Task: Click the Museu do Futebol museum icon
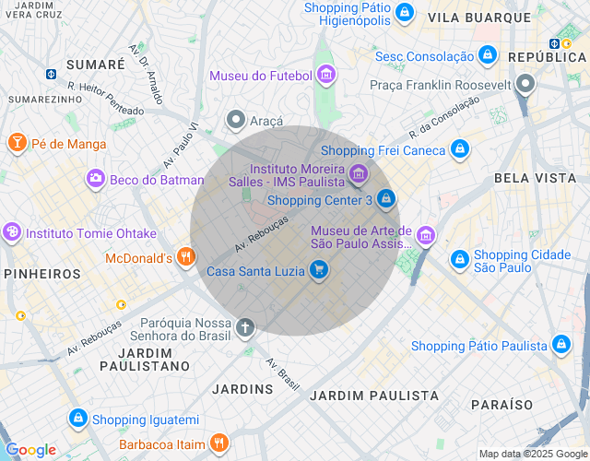tap(325, 75)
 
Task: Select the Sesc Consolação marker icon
tap(487, 57)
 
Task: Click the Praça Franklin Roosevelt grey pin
tap(526, 85)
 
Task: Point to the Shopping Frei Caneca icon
tap(460, 149)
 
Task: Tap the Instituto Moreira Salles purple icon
tap(358, 171)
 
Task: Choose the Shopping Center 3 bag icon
tap(386, 198)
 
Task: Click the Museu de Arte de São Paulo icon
tap(425, 236)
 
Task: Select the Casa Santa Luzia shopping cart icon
tap(319, 270)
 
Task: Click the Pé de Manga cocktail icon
tap(17, 143)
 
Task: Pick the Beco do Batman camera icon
tap(95, 179)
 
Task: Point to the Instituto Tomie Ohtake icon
tap(12, 232)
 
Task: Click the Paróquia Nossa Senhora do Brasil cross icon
tap(245, 327)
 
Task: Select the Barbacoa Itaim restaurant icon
tap(219, 443)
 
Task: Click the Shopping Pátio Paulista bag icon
tap(560, 346)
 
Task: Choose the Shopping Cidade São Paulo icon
tap(459, 260)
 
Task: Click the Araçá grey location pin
tap(237, 120)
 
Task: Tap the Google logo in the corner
tap(31, 450)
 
